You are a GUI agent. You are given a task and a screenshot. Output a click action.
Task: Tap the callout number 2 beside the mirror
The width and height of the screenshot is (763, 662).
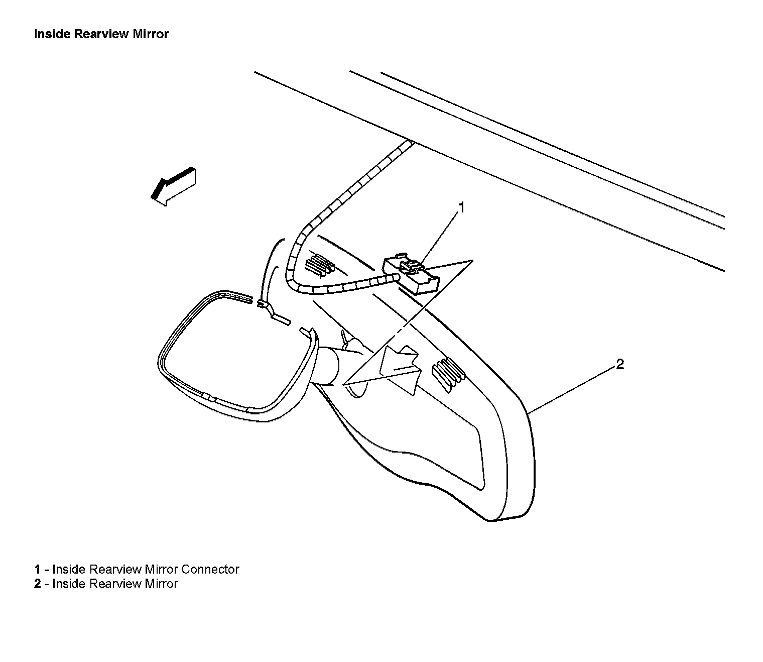pos(620,365)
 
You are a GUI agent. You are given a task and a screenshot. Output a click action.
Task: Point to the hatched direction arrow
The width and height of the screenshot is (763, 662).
pos(174,185)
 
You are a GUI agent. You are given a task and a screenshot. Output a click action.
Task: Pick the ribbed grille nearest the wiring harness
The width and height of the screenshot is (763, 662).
pos(319,264)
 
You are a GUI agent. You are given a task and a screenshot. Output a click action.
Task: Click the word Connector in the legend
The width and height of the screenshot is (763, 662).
pos(210,569)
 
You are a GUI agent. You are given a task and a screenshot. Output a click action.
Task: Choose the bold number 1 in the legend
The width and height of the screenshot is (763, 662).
pos(37,569)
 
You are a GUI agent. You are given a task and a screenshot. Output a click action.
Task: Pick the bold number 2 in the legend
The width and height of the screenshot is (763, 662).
pos(37,584)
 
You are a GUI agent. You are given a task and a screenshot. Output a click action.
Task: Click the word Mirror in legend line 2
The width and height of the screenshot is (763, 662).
pos(161,584)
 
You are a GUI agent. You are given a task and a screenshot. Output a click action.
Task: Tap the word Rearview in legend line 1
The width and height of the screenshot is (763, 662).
pos(115,569)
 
